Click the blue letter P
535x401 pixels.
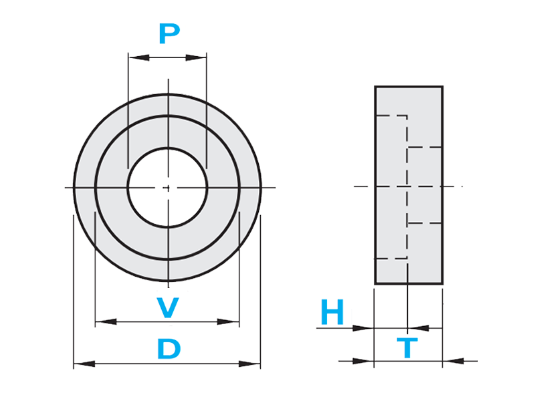point(170,33)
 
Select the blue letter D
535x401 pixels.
point(169,350)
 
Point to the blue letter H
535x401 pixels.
point(332,312)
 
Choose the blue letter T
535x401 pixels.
point(407,348)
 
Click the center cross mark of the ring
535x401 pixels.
point(168,188)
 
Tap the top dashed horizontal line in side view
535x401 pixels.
point(391,116)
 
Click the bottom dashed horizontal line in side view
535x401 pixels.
point(391,258)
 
